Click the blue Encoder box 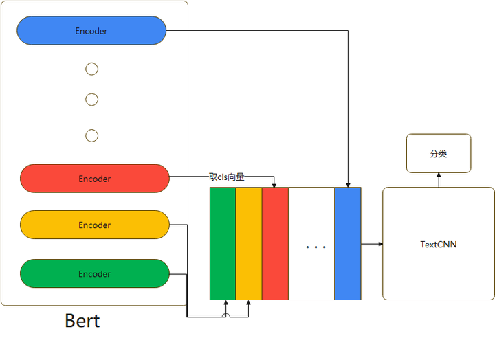tap(91, 31)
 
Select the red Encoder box tap(95, 179)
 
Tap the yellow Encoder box tap(95, 225)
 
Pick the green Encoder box tap(95, 273)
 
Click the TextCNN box tap(439, 244)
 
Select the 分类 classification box tap(439, 153)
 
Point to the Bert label tap(82, 321)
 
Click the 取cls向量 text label tap(227, 177)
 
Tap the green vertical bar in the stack tap(223, 243)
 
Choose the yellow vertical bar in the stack tap(249, 243)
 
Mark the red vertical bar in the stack tap(275, 243)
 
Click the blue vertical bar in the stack tap(348, 243)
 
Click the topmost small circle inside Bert tap(91, 69)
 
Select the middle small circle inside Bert tap(91, 100)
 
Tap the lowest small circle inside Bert tap(91, 135)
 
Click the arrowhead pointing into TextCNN tap(380, 244)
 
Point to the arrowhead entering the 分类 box tap(439, 175)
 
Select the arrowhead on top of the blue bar tap(348, 184)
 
